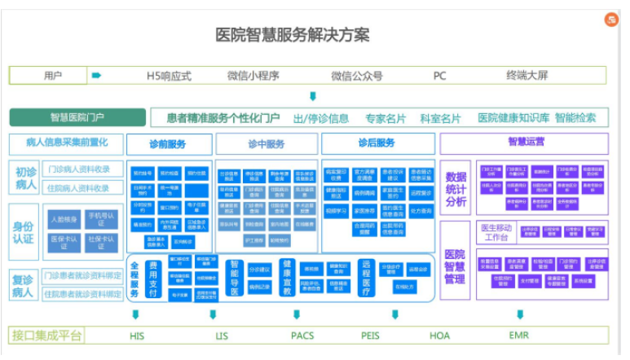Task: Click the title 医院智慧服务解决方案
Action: [x=292, y=35]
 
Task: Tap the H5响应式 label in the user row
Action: [x=169, y=76]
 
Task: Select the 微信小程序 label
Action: [x=253, y=76]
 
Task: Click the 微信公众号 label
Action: [x=356, y=76]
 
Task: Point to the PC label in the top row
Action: [x=439, y=76]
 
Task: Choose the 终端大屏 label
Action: [x=526, y=76]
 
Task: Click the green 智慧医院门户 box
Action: [x=77, y=117]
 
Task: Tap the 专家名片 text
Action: [x=385, y=118]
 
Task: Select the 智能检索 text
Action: [x=575, y=117]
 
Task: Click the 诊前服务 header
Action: [x=170, y=144]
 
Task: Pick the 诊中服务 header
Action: [x=267, y=144]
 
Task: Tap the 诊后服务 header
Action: [x=376, y=144]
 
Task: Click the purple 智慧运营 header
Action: [x=526, y=143]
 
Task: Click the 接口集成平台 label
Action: [x=47, y=335]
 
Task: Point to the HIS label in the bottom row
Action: [x=137, y=335]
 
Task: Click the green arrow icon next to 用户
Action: [x=96, y=76]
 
